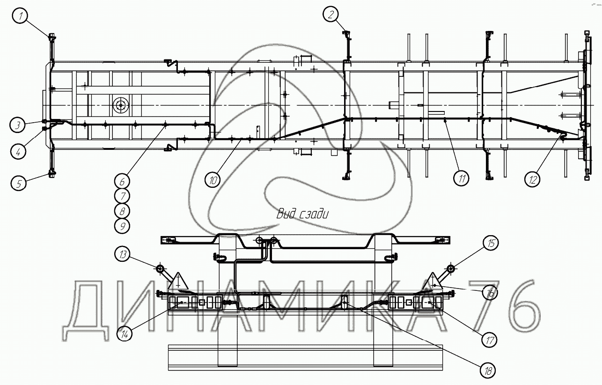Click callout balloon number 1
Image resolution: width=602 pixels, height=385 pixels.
[x=20, y=15]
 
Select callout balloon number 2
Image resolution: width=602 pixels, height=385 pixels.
[x=331, y=14]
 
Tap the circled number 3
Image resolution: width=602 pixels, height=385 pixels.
[x=17, y=125]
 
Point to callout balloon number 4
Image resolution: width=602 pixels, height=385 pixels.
[x=18, y=152]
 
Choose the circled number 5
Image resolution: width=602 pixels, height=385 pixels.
[x=19, y=183]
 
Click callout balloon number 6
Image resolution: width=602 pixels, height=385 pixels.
[x=122, y=181]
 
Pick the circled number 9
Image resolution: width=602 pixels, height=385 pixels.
[x=122, y=226]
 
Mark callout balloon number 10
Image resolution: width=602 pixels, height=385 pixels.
[x=213, y=179]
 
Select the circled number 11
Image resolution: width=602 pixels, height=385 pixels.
[x=461, y=178]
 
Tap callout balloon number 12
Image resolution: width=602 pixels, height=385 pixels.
[x=532, y=179]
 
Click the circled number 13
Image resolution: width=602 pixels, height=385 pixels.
[x=123, y=254]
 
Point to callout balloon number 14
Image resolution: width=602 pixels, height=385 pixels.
[x=125, y=334]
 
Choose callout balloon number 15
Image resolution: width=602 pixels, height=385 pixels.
[x=491, y=243]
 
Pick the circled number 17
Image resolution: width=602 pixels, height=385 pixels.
[x=489, y=341]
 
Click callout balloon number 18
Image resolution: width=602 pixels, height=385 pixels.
[x=488, y=371]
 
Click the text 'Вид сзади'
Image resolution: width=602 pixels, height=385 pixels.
[x=302, y=214]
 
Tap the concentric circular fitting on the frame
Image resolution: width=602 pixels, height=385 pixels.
[x=121, y=105]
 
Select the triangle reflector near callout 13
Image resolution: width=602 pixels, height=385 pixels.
[x=178, y=281]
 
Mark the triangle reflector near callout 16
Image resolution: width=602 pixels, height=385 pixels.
[x=433, y=281]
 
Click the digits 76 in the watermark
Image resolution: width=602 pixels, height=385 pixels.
[x=503, y=311]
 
